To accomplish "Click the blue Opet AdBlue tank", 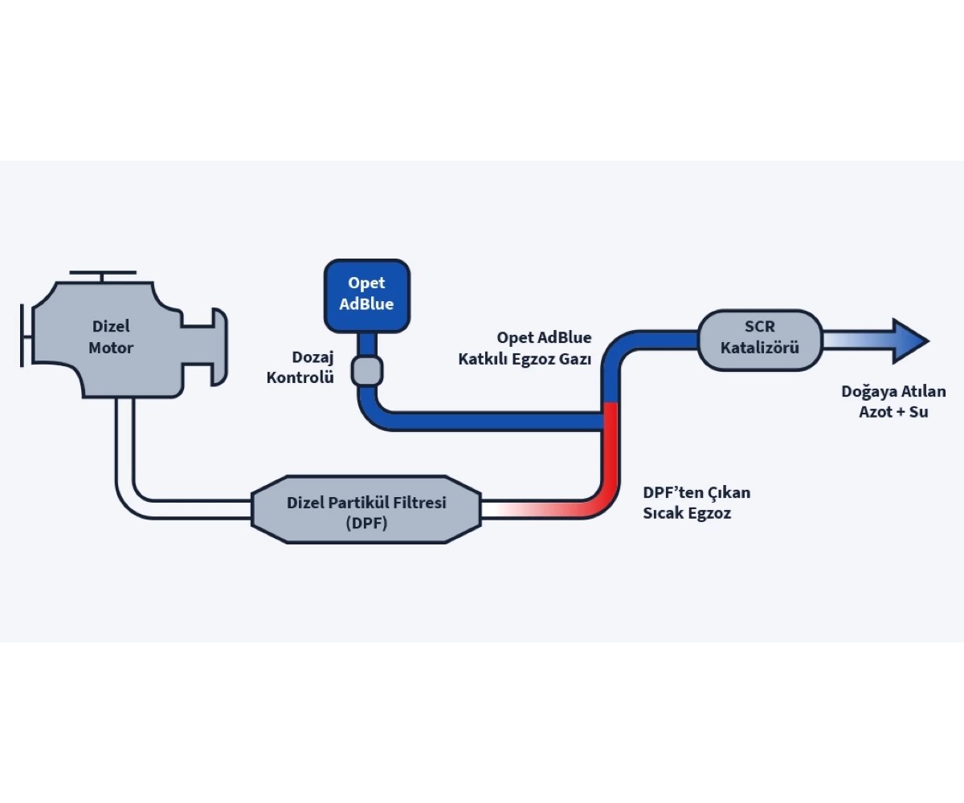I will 367,295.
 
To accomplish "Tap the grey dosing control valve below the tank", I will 367,372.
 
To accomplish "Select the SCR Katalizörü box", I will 760,340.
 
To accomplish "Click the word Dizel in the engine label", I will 111,327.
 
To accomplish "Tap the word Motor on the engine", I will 111,348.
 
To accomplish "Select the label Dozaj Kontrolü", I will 300,367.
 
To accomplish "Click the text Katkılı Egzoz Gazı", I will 525,359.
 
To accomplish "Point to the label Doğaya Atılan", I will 893,392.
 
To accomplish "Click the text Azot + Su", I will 893,413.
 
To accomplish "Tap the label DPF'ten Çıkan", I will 696,492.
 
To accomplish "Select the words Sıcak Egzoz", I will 687,513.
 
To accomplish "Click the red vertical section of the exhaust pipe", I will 610,450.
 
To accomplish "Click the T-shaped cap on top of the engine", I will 102,275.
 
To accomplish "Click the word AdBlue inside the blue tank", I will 367,304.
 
